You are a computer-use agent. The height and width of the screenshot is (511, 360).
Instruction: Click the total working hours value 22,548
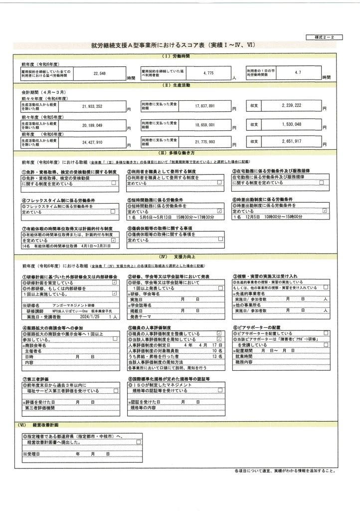(100, 73)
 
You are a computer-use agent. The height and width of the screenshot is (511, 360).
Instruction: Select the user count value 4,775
(208, 73)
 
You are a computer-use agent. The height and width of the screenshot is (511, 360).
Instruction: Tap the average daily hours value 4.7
(298, 73)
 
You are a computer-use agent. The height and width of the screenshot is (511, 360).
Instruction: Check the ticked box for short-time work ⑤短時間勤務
(220, 212)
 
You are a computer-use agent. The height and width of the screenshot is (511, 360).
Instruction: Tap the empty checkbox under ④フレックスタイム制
(114, 212)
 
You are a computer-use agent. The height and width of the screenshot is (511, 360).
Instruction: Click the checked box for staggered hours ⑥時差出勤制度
(325, 212)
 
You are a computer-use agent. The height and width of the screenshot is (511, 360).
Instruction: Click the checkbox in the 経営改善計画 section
(139, 442)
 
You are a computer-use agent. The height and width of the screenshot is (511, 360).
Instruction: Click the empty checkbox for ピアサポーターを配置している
(326, 332)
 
